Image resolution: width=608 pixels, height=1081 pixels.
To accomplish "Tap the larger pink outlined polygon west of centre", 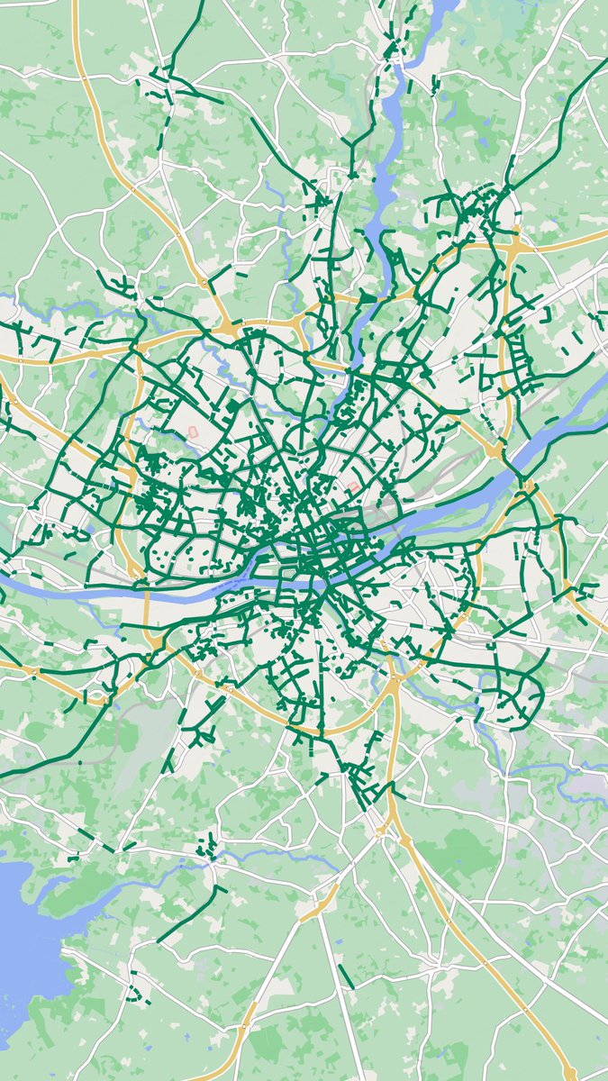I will tap(194, 434).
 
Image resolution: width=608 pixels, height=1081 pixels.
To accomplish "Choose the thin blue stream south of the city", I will tap(270, 856).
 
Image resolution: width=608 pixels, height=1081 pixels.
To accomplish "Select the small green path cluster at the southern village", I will tap(208, 847).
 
